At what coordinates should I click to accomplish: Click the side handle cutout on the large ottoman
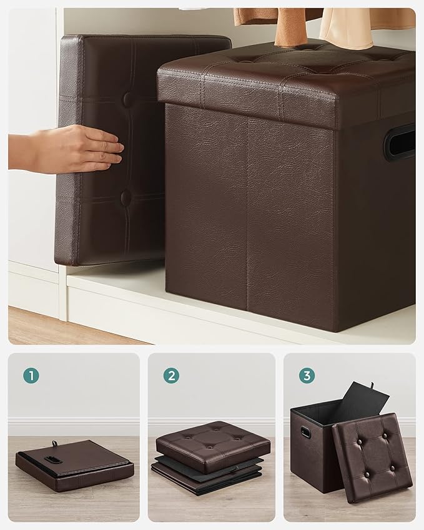(400, 142)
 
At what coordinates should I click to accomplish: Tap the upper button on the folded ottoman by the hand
(127, 99)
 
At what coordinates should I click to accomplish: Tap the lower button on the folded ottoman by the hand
(126, 198)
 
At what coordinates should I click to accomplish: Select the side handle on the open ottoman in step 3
(305, 433)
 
